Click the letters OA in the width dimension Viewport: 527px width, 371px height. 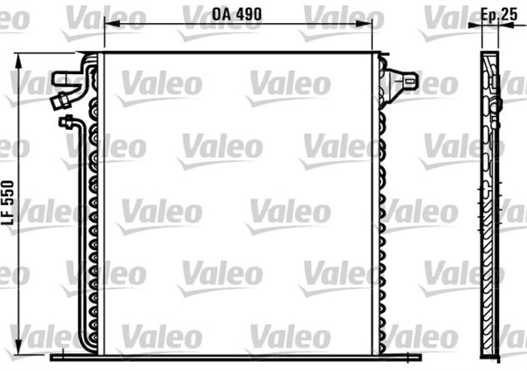point(221,13)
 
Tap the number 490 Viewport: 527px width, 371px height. point(247,13)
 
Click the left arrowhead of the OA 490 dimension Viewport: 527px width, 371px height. point(108,26)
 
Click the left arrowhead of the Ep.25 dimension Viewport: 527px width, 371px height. point(474,26)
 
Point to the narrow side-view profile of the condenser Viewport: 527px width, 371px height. point(490,206)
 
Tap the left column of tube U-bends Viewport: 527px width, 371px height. point(93,214)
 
